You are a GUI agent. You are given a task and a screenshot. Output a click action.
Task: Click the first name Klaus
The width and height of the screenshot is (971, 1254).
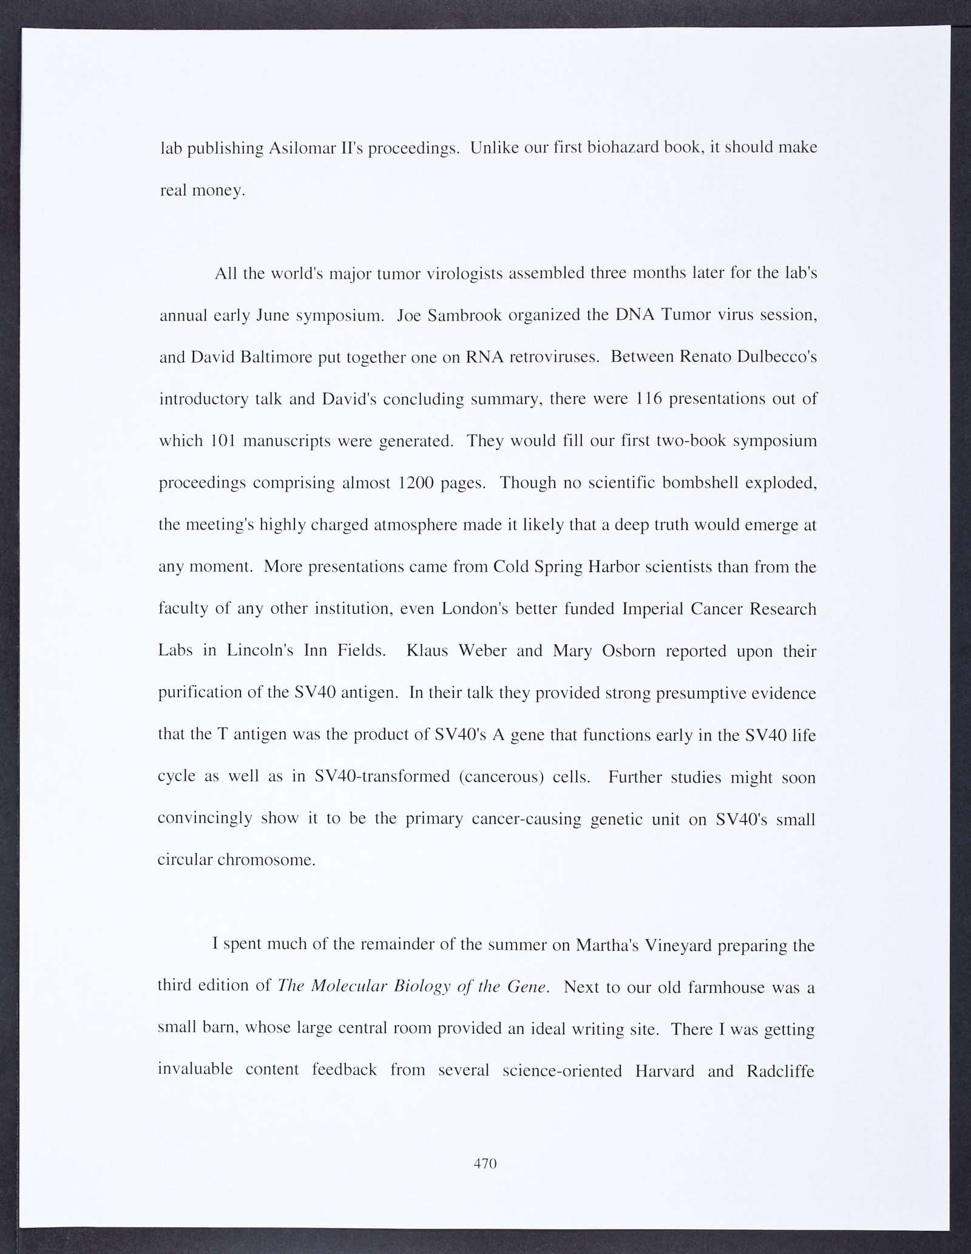429,651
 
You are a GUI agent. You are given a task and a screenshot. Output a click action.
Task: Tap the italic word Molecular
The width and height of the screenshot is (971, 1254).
348,986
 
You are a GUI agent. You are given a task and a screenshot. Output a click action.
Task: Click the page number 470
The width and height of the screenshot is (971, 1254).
485,1164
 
